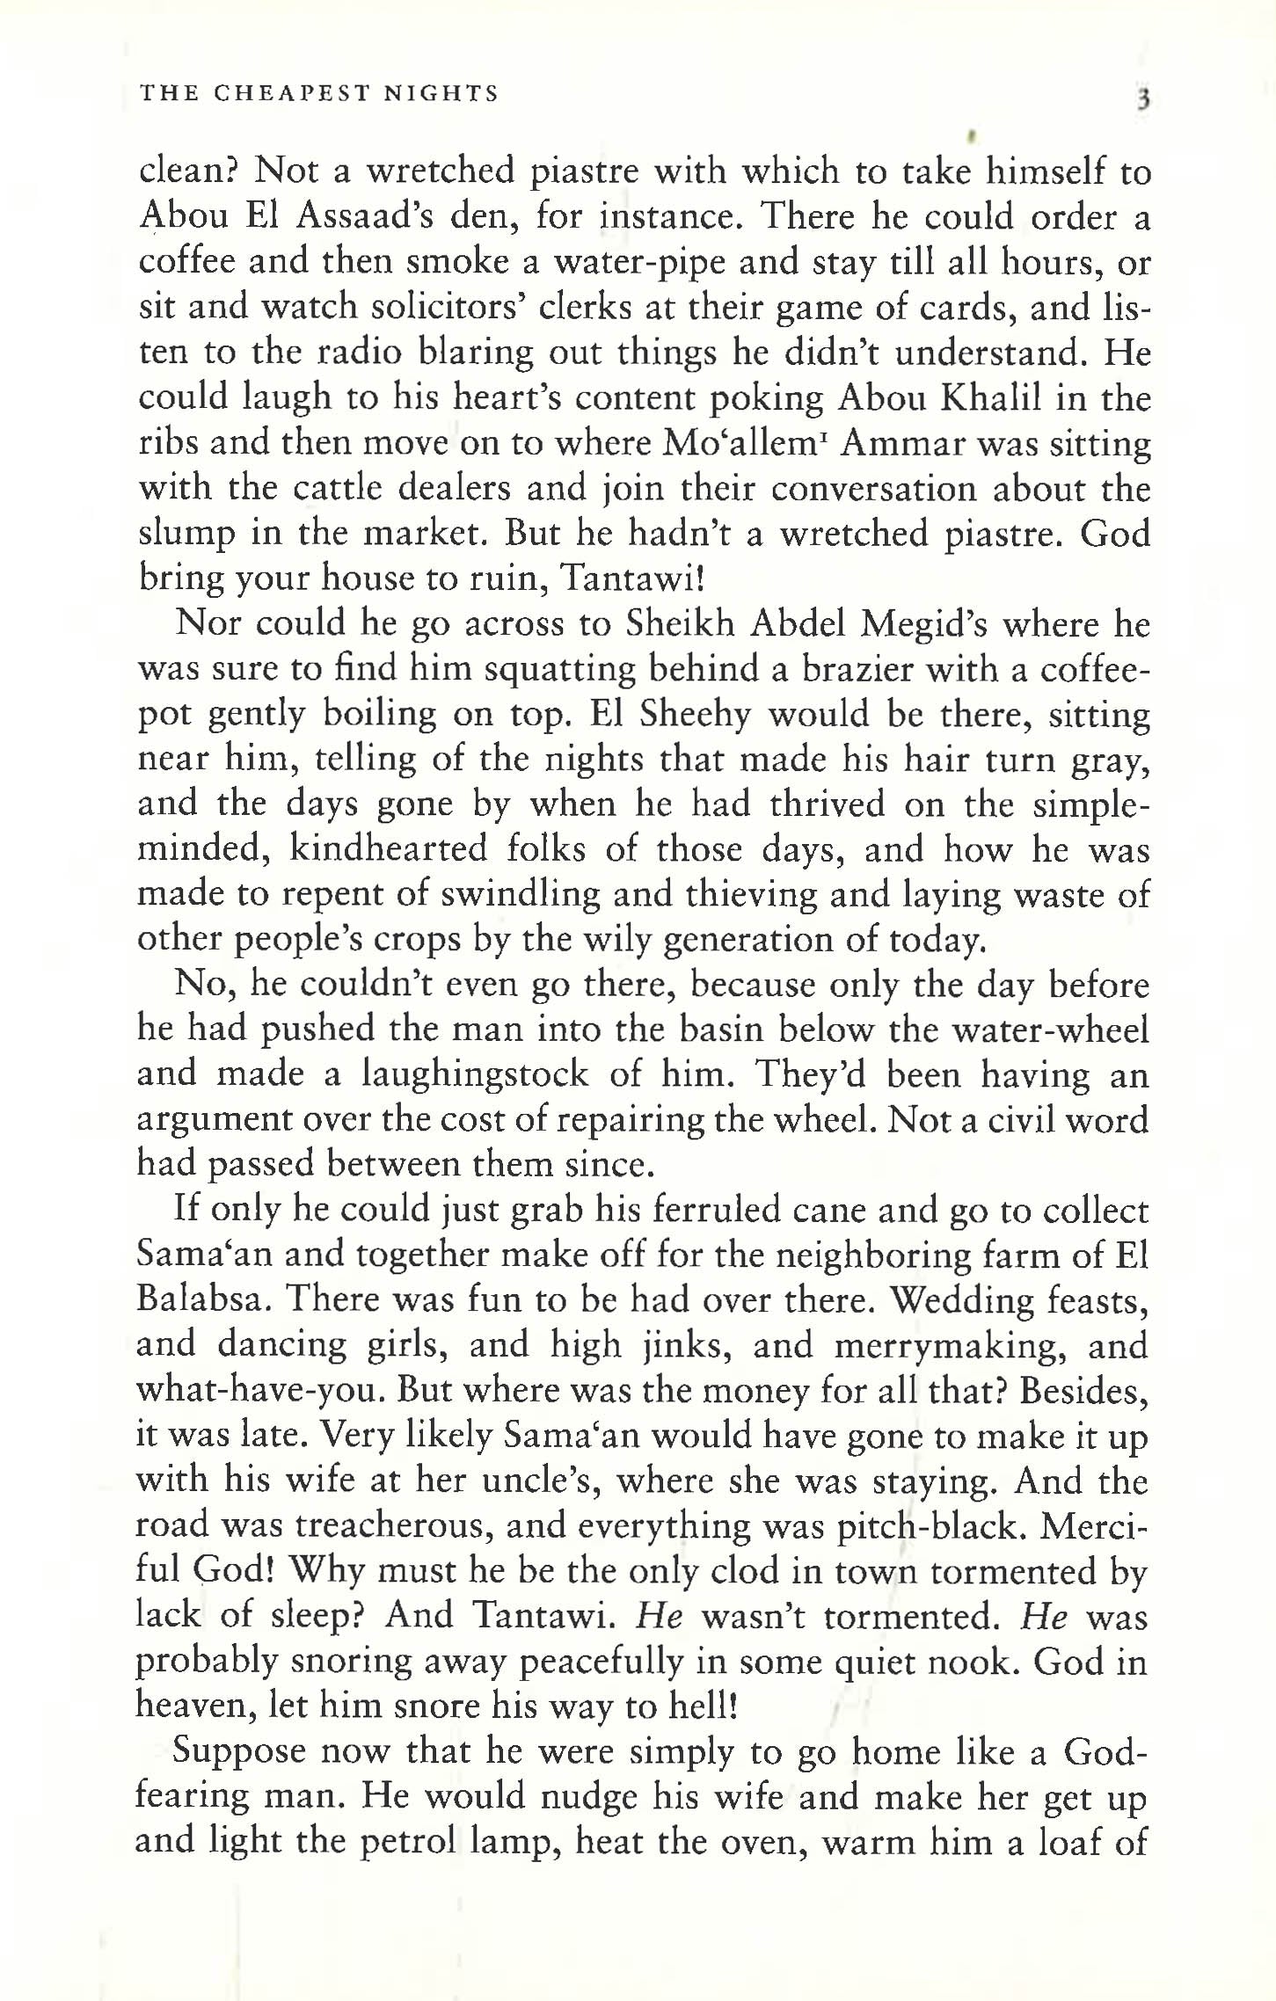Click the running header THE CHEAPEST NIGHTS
[x=319, y=93]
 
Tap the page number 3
[x=1142, y=98]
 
